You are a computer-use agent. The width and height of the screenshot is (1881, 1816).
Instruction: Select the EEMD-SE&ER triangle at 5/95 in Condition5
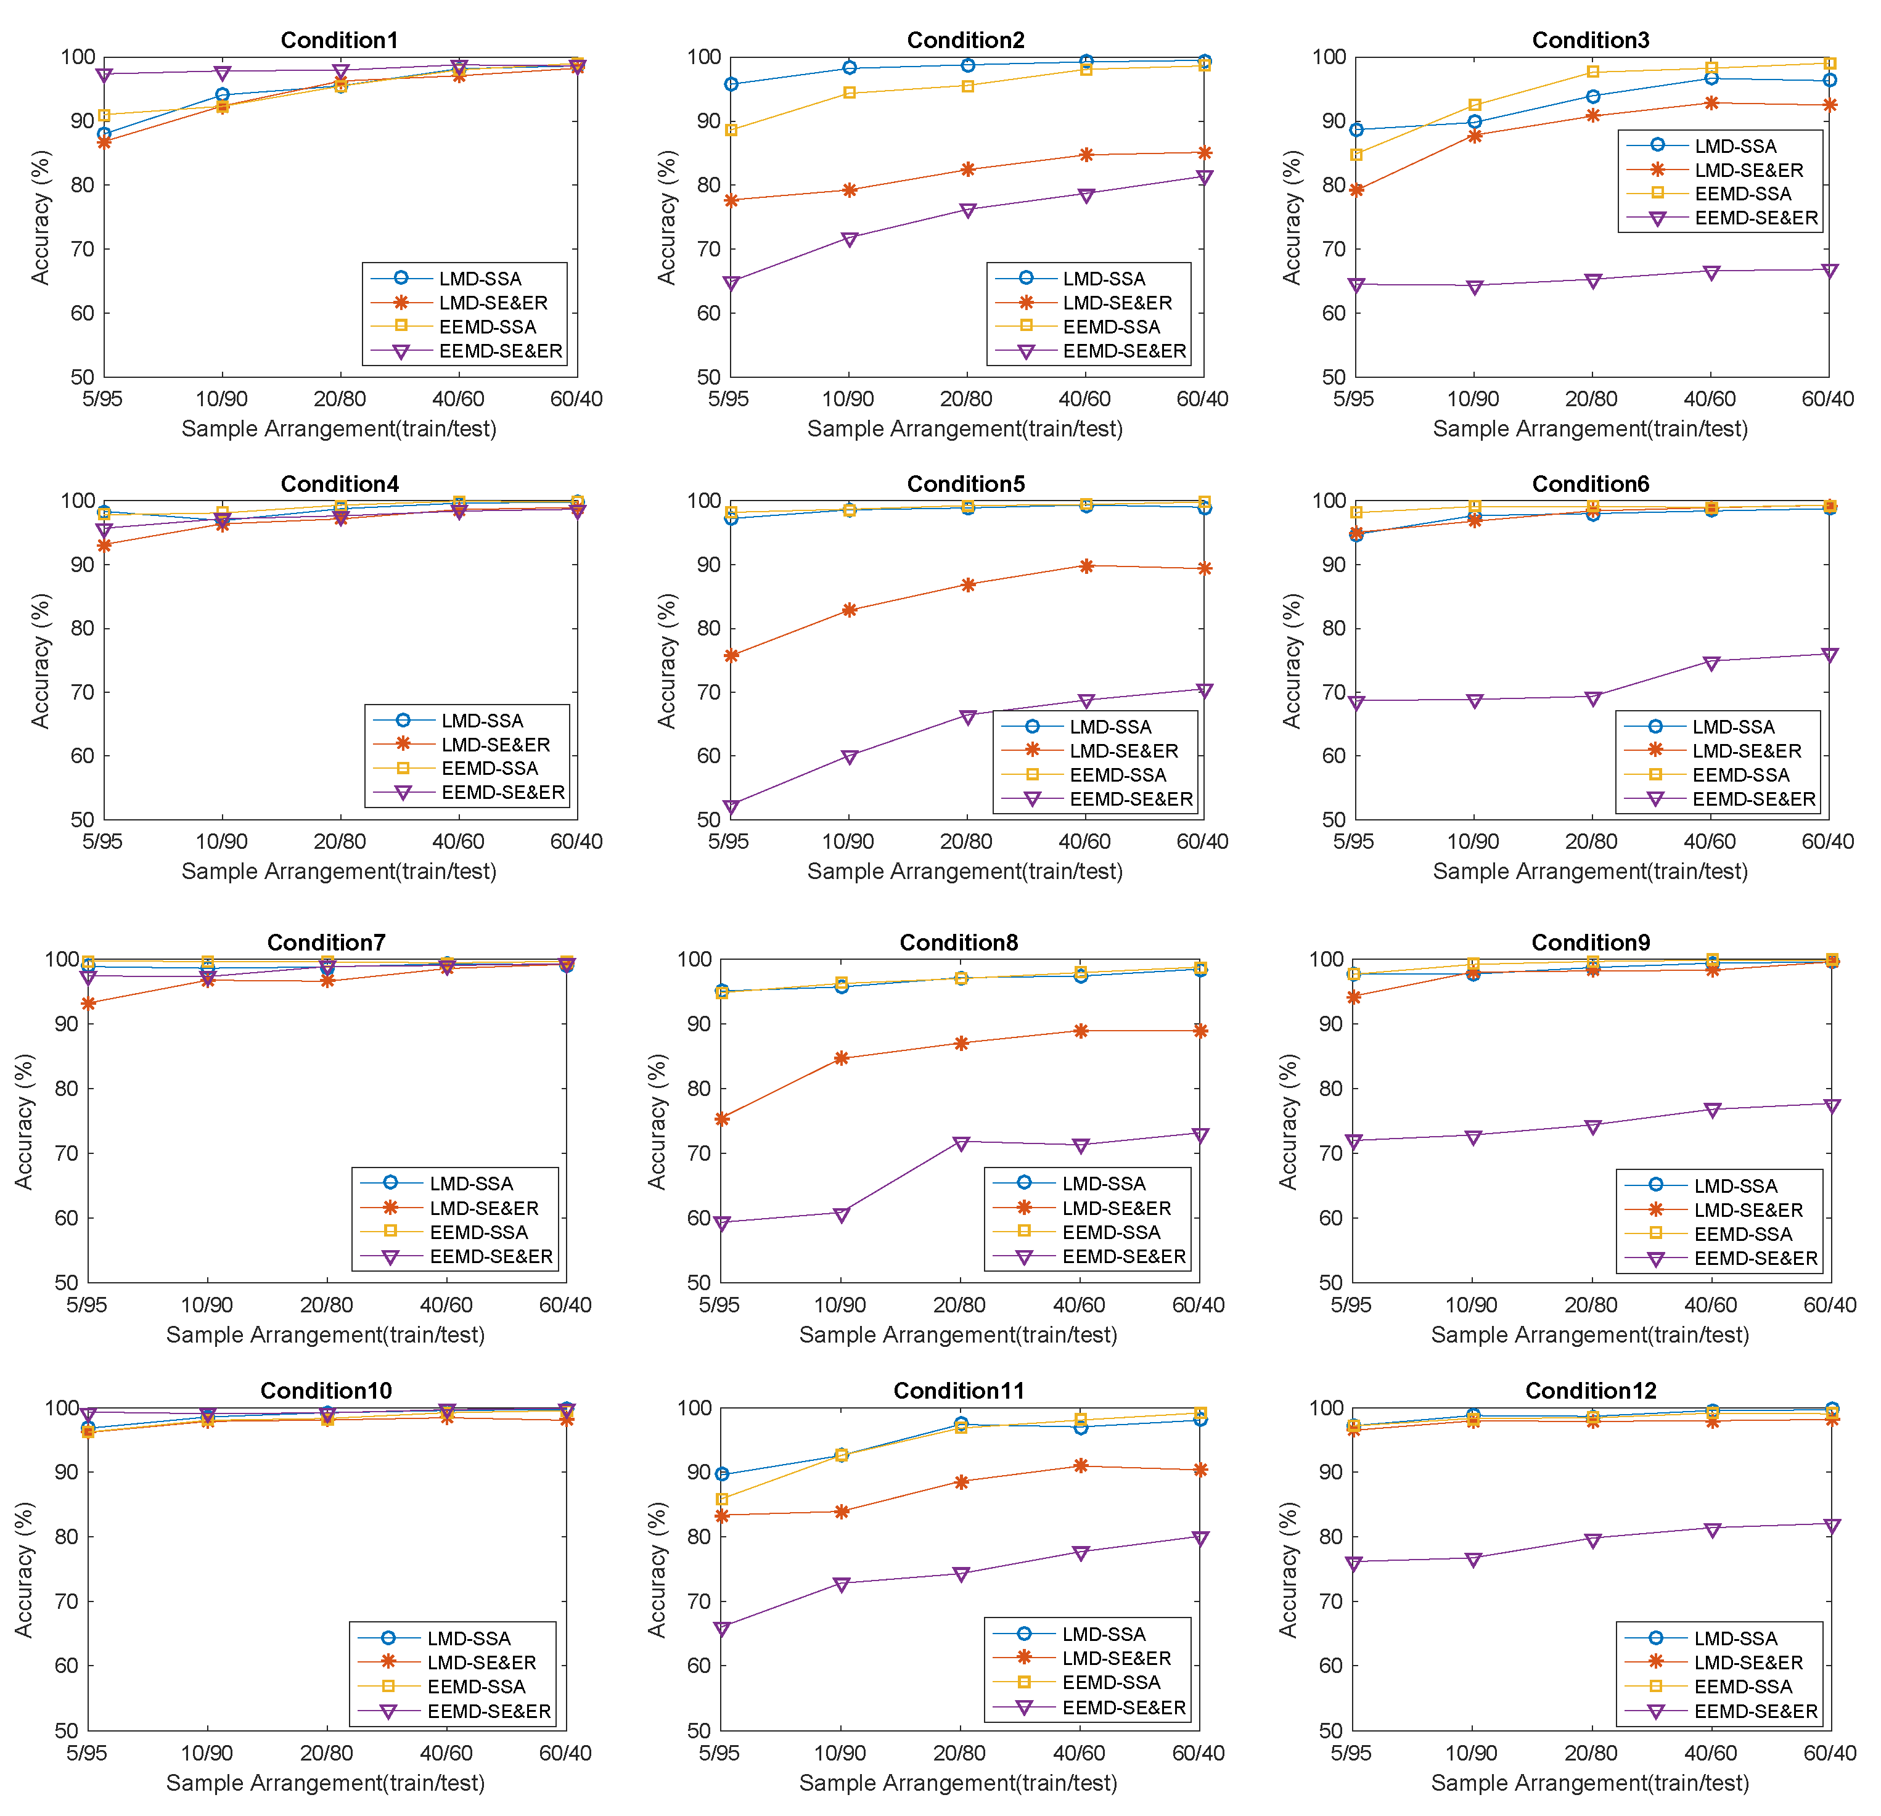[x=731, y=807]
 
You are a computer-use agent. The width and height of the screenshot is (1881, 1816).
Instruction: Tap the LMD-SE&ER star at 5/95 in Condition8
[x=722, y=1119]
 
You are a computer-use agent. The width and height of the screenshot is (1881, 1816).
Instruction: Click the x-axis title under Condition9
[x=1590, y=1335]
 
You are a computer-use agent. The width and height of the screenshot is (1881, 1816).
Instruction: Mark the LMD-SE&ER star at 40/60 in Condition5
[x=1086, y=566]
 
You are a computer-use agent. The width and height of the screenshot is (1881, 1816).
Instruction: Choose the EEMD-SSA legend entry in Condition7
[x=478, y=1232]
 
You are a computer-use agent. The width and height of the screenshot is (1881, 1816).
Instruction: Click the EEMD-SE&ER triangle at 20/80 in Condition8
[x=961, y=1143]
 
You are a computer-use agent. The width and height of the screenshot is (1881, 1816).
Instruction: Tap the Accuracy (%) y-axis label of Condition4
[x=39, y=660]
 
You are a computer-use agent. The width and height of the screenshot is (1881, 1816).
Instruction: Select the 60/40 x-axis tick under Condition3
[x=1827, y=399]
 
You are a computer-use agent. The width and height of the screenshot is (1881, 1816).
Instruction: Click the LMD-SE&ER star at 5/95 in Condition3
[x=1356, y=190]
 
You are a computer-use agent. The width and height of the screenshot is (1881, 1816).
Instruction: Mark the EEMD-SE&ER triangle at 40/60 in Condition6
[x=1710, y=662]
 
